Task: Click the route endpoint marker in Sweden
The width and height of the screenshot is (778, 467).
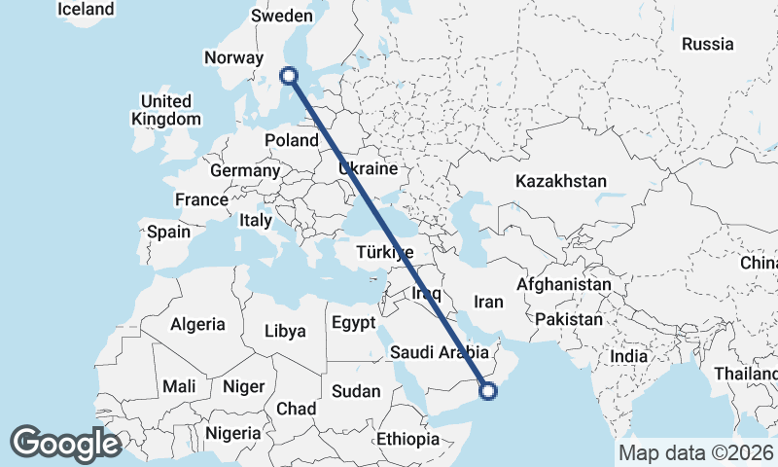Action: [x=289, y=75]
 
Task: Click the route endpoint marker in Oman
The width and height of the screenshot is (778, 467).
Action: [x=488, y=391]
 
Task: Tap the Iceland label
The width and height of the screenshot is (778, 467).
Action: [x=86, y=9]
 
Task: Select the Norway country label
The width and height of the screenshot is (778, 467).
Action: [x=234, y=57]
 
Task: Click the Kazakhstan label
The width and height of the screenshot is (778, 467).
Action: [x=561, y=181]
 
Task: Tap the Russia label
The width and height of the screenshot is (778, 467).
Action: [x=707, y=44]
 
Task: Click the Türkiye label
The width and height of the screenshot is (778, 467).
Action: [x=386, y=252]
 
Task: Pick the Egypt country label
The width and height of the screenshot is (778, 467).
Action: [x=353, y=323]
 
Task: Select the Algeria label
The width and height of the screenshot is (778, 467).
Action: [x=197, y=324]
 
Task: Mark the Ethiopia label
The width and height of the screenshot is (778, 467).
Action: [x=408, y=439]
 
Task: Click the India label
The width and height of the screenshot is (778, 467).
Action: [x=629, y=357]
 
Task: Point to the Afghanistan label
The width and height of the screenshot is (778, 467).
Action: [x=564, y=285]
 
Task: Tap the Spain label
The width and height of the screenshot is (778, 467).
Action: [x=168, y=233]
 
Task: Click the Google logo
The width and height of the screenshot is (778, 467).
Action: [x=66, y=444]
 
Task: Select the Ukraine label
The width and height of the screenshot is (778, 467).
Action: [x=369, y=168]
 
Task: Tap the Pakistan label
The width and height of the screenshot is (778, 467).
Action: [x=570, y=319]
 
